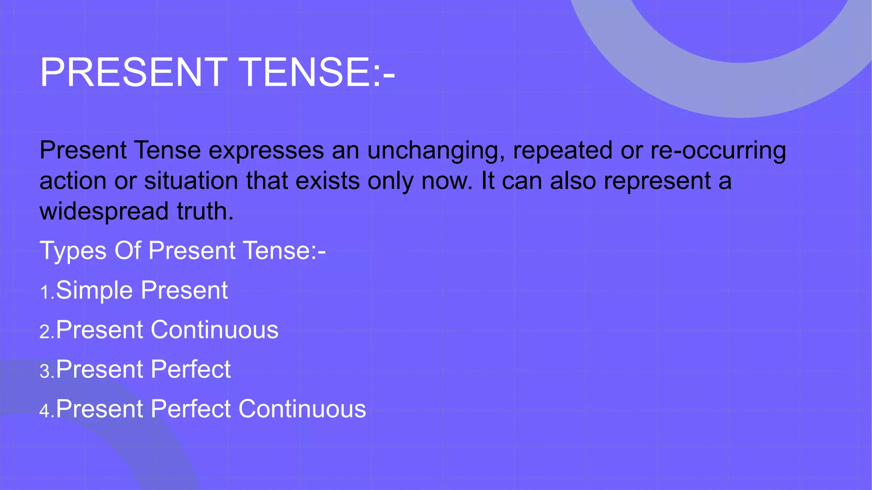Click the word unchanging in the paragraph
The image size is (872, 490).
tap(436, 151)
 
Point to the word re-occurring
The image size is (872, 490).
tap(718, 151)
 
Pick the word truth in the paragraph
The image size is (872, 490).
tap(205, 211)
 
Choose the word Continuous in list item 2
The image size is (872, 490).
tap(215, 330)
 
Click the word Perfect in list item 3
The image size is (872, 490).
tap(190, 369)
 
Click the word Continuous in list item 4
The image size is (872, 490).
tap(302, 409)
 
